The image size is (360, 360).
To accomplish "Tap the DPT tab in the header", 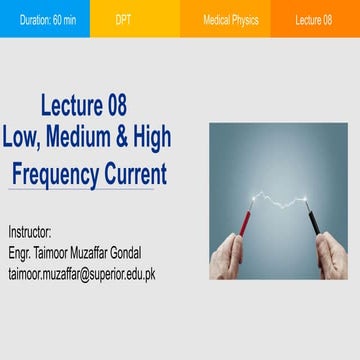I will (x=123, y=20).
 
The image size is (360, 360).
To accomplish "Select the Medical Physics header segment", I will (x=230, y=20).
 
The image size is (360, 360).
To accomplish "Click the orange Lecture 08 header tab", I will (x=314, y=20).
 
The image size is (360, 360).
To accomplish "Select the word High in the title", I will (x=150, y=137).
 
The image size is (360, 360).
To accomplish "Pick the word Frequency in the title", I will (x=58, y=174).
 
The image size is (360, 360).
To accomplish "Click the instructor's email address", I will (x=81, y=273).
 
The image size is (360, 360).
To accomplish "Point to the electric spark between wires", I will (x=283, y=200).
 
